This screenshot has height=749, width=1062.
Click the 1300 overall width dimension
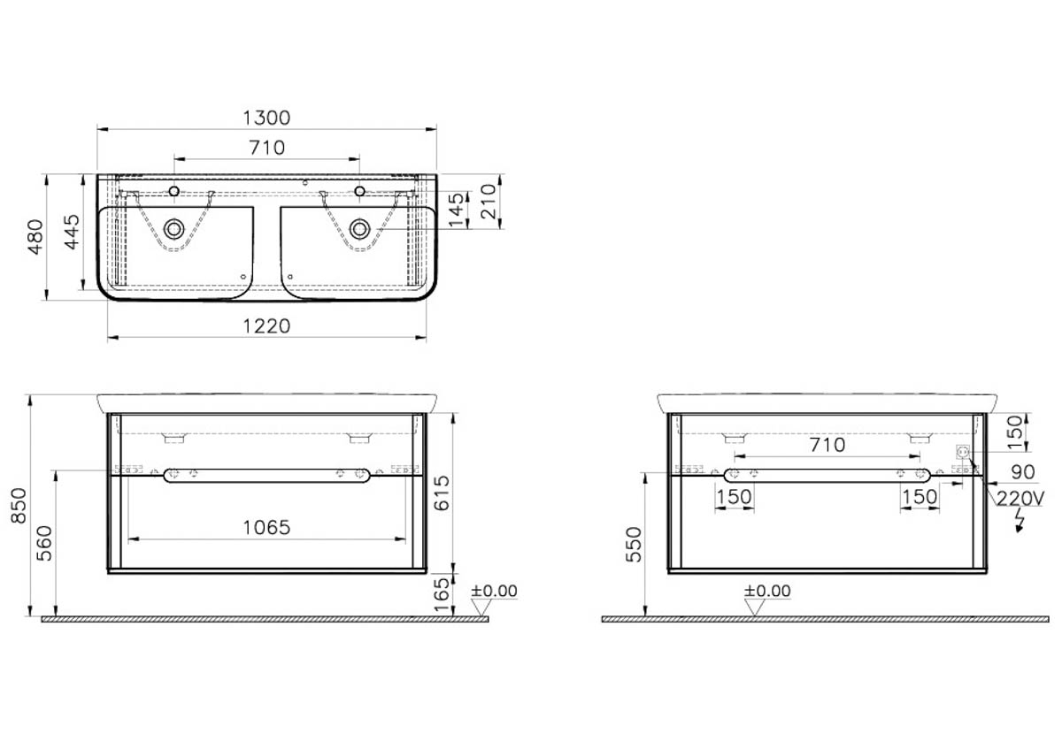(x=266, y=118)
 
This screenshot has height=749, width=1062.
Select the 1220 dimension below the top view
(x=266, y=326)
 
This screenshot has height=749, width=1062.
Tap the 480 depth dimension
(x=35, y=237)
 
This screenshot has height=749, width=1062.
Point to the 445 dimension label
(x=72, y=233)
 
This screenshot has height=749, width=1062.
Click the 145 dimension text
(x=456, y=210)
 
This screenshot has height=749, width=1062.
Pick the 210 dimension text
(x=489, y=202)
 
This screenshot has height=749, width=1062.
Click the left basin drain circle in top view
(x=174, y=229)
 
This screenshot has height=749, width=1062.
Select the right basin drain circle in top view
(x=359, y=229)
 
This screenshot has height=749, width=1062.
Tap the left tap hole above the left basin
(x=174, y=191)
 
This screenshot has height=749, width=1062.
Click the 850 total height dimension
(x=19, y=506)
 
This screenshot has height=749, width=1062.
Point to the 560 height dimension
(x=44, y=543)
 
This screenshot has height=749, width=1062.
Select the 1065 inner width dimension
(x=266, y=528)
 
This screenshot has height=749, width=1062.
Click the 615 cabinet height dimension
(x=442, y=493)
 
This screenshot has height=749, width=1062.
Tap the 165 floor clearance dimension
(x=442, y=595)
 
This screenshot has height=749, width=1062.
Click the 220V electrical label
(x=1020, y=499)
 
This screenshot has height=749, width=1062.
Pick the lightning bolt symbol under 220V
(x=1019, y=521)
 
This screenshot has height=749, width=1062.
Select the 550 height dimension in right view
(x=634, y=545)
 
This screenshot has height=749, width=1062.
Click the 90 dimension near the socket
(x=1023, y=472)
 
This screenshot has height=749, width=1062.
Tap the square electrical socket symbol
(x=963, y=452)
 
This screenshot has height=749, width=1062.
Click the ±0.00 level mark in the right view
(x=767, y=591)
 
